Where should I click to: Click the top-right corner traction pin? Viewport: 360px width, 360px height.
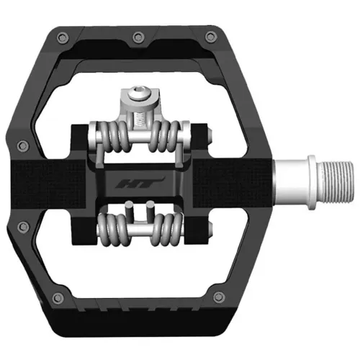[210, 36]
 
